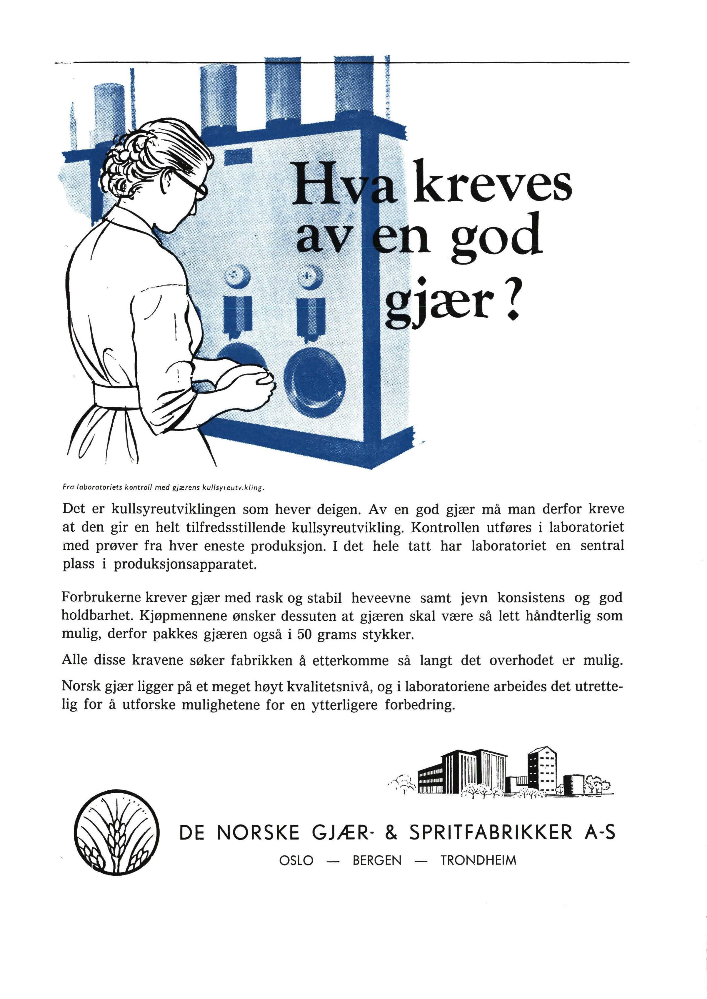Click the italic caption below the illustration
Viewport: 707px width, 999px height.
coord(163,488)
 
